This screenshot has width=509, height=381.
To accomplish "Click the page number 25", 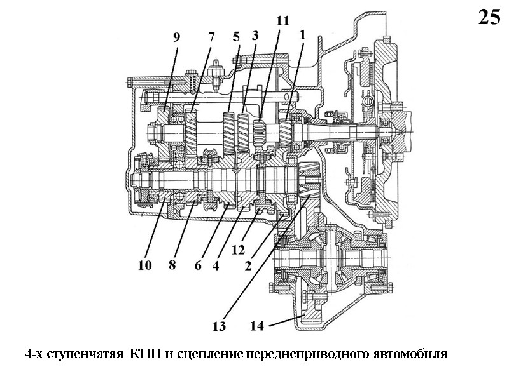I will coord(489,17).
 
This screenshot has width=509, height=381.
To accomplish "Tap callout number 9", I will coord(176,37).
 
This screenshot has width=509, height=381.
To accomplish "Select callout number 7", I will coord(211,36).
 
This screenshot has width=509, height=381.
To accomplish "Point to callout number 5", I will coord(236,36).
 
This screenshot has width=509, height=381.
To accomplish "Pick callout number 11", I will coord(282,20).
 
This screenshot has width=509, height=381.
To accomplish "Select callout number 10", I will coord(145,265).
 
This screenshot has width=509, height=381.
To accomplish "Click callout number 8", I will coord(172,265).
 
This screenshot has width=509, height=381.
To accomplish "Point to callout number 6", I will coord(198,265).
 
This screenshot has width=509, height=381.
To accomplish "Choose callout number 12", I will coord(239,250).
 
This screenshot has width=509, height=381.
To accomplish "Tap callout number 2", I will coord(249,266).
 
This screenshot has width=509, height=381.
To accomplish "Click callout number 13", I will coord(219,327).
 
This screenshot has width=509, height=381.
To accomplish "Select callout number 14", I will coord(256,327).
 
